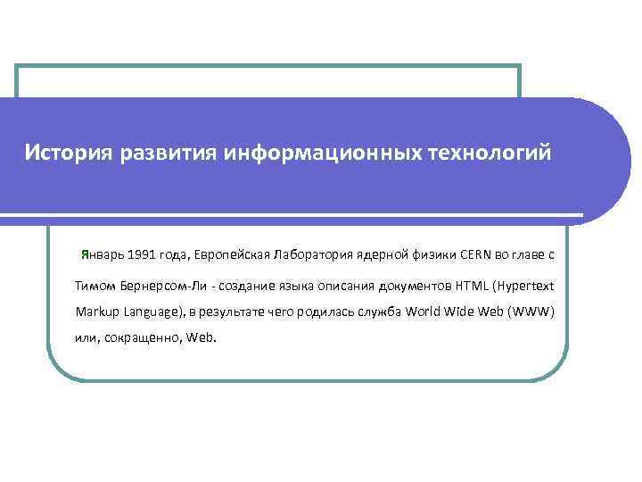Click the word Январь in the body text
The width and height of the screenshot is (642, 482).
(x=101, y=254)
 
